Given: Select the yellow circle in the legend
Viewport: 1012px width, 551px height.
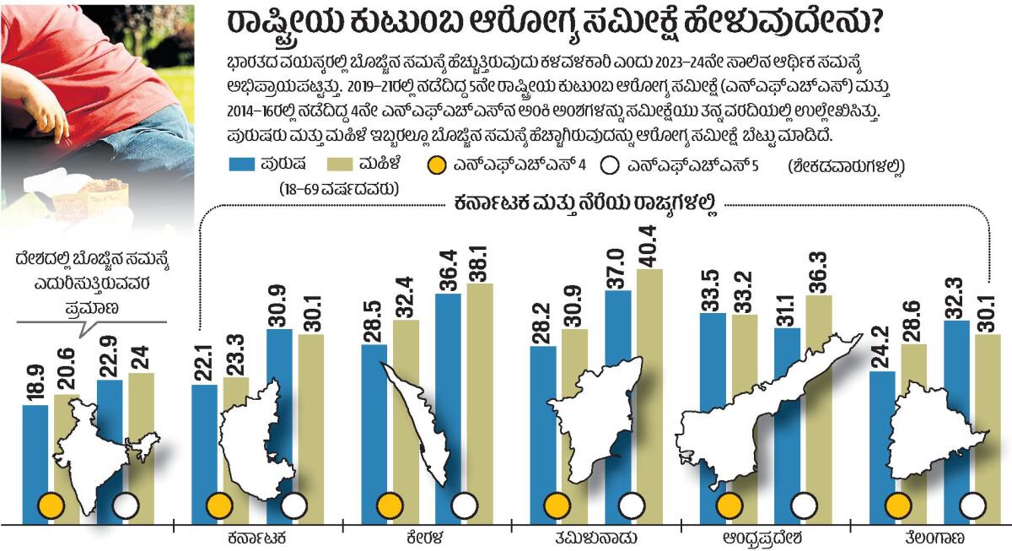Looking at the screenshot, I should [438, 166].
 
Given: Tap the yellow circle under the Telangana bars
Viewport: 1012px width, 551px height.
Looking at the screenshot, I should [897, 506].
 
